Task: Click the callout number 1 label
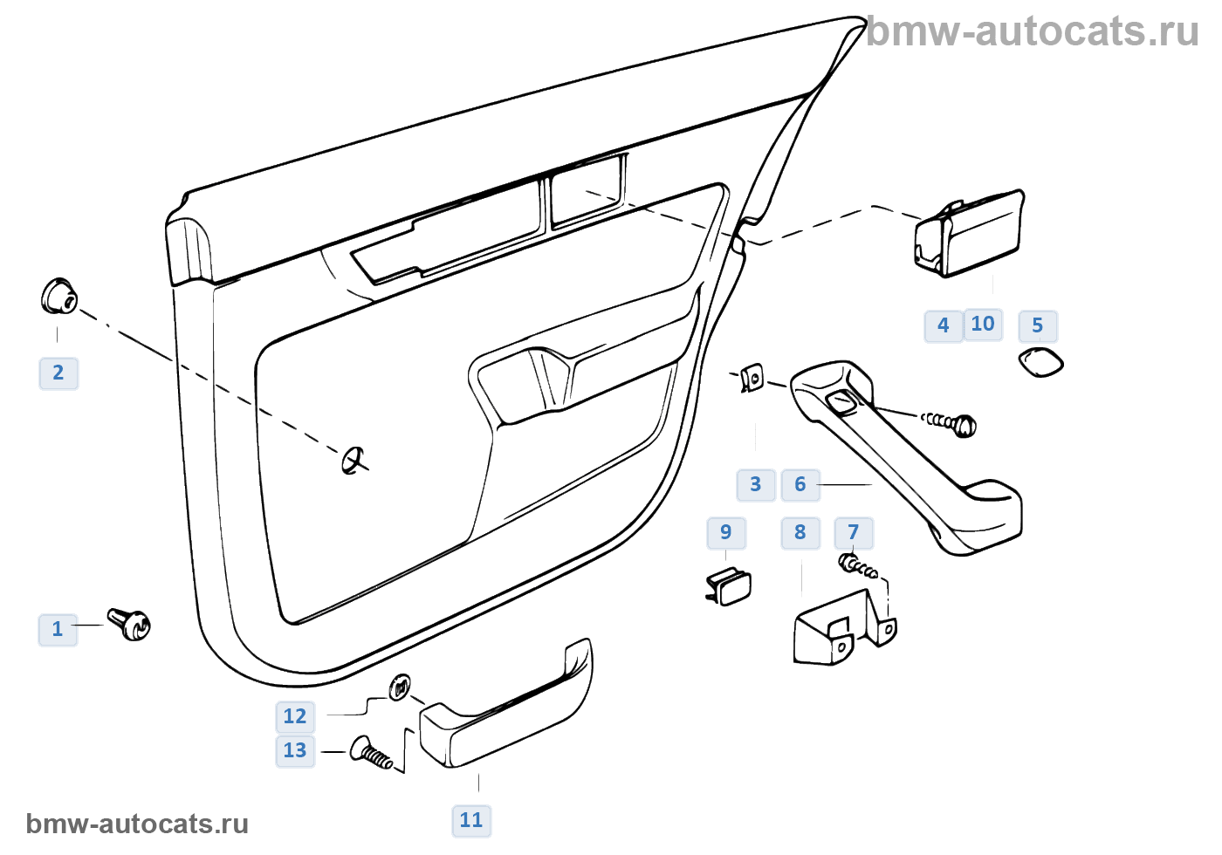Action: pos(58,629)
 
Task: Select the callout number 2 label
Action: pos(58,373)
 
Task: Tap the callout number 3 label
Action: pos(756,484)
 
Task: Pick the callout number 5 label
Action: pos(1037,326)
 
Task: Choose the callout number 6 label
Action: pos(800,484)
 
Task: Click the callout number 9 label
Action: pos(726,532)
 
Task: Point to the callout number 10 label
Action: pos(983,325)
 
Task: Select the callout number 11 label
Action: pos(471,820)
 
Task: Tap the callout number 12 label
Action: pos(295,717)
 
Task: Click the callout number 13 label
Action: pos(295,750)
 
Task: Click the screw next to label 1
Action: pos(130,623)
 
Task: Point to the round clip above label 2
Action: pos(58,297)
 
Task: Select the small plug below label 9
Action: pos(730,585)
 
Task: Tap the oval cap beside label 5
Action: pos(1041,361)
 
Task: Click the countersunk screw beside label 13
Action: pos(371,753)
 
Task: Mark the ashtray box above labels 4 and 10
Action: pos(969,233)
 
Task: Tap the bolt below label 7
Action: pos(858,566)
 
